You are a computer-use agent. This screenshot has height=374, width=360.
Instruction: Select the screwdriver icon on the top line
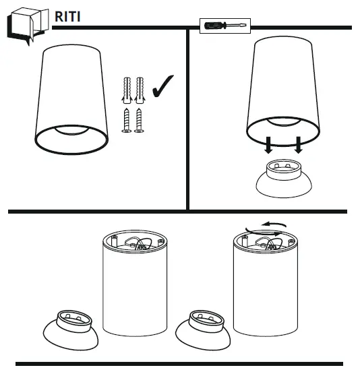tap(226, 26)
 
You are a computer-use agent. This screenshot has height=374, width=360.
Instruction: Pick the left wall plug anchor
tap(127, 88)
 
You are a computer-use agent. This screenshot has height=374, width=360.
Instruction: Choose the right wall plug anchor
tap(140, 88)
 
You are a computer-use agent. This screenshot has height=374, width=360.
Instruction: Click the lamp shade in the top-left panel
tap(70, 98)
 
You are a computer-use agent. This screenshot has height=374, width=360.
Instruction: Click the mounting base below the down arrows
tap(284, 179)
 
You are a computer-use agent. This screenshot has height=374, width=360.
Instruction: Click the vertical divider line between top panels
tap(187, 118)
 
